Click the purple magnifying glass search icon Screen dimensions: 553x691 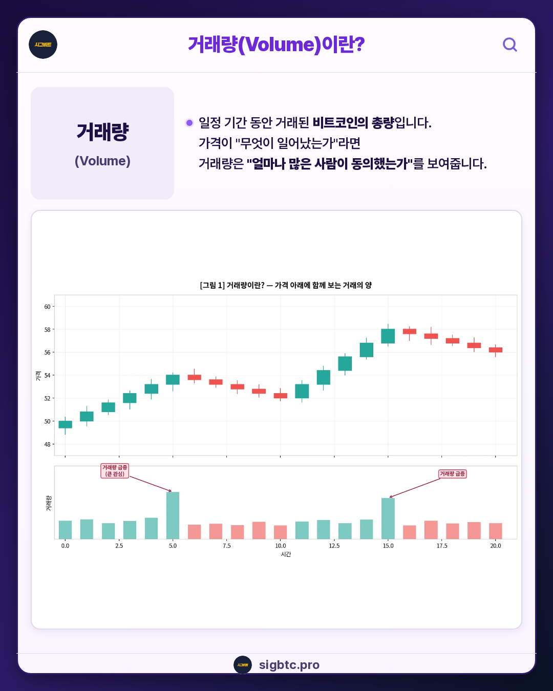point(510,45)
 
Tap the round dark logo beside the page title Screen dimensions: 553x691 point(43,45)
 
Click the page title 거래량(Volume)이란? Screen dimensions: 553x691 point(276,45)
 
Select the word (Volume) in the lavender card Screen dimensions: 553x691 point(102,161)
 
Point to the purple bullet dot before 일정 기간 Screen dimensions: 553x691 point(189,123)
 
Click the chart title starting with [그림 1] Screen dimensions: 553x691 point(286,285)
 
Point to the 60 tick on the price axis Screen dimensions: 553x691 point(47,307)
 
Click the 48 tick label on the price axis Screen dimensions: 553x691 point(47,444)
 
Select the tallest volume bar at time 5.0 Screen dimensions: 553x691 point(173,515)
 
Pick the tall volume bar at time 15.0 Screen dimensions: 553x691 point(388,519)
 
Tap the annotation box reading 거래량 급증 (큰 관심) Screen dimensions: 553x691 point(115,471)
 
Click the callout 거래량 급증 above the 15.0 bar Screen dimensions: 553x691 point(453,474)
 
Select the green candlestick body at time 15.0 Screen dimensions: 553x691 point(388,336)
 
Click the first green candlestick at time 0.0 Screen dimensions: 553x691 point(65,424)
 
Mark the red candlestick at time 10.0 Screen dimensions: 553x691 point(281,396)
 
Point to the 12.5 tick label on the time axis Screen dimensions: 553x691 point(334,546)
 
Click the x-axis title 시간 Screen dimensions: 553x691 point(286,554)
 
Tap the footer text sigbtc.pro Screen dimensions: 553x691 point(289,665)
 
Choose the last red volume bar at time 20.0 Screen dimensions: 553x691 point(496,531)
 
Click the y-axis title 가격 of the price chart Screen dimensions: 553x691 point(38,376)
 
